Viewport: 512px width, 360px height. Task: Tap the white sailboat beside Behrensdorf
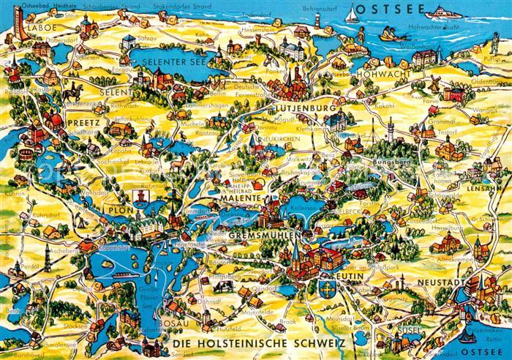[x=353, y=12]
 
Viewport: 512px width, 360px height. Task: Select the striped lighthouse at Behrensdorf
[x=363, y=34]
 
